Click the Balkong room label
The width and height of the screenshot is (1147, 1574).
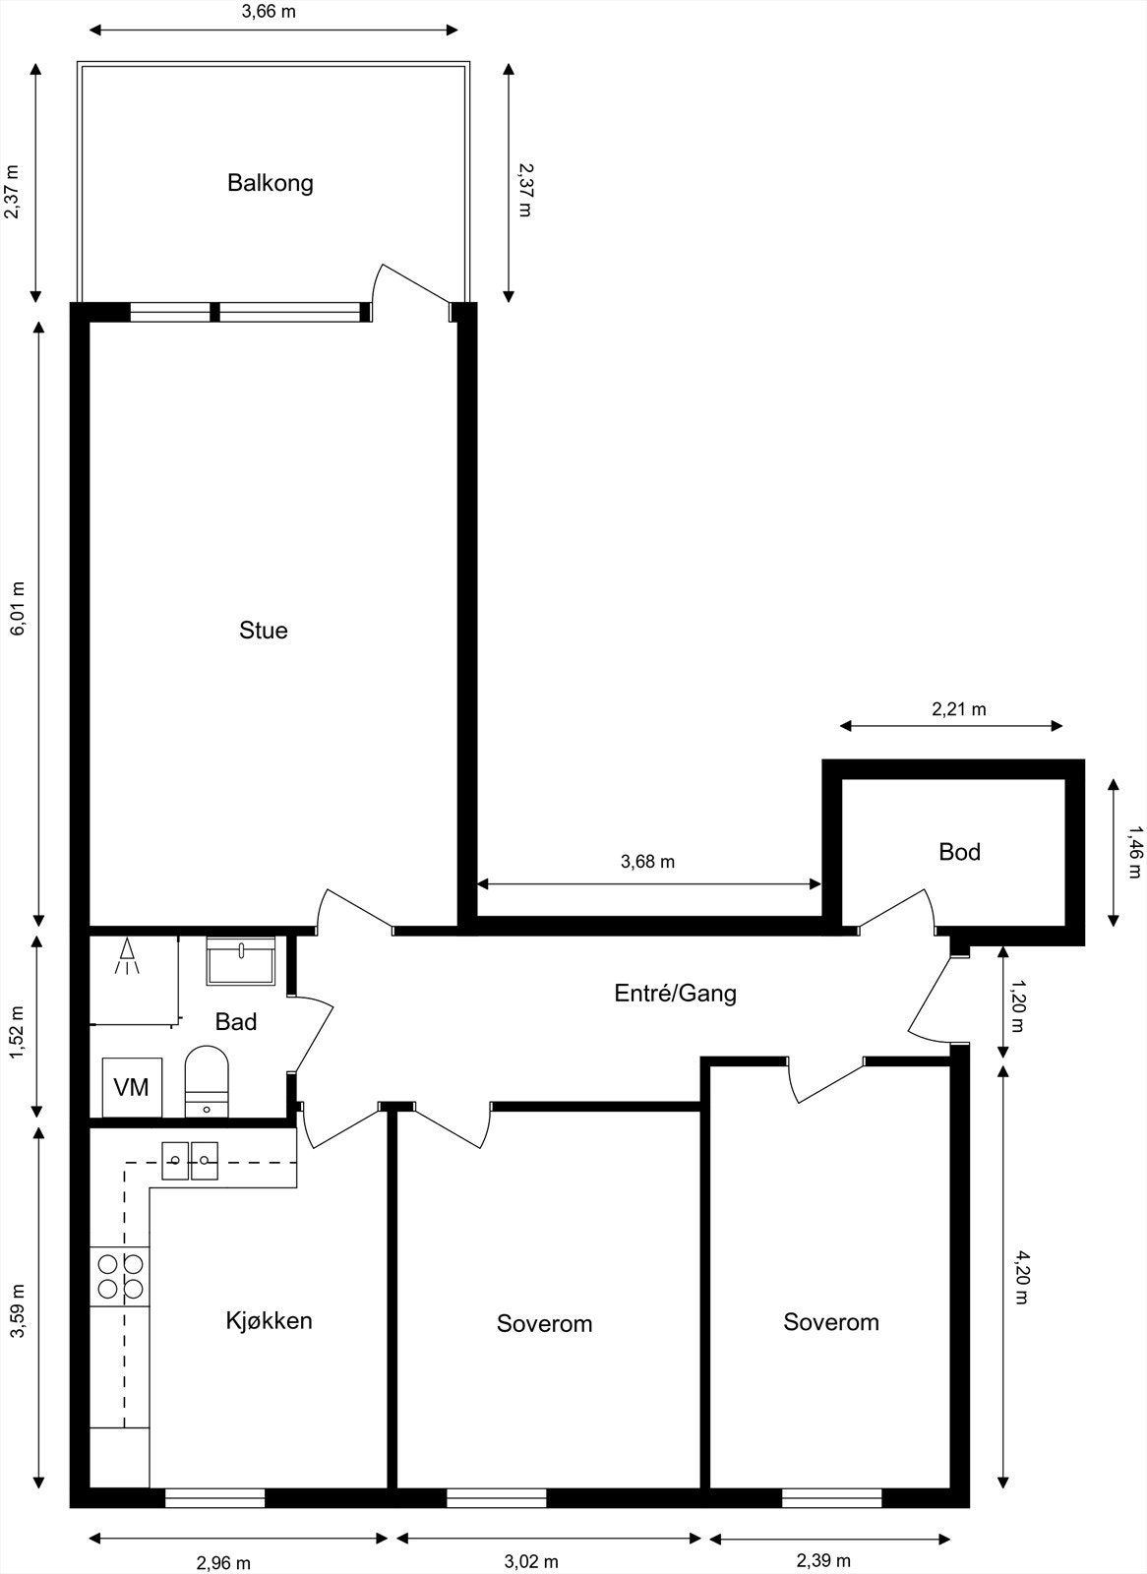click(270, 183)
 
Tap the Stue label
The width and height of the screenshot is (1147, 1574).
click(264, 631)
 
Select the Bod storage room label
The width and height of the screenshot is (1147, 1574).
click(959, 852)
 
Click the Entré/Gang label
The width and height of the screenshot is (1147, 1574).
click(675, 994)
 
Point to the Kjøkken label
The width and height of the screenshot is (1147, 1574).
click(269, 1320)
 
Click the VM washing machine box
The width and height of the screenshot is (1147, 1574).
click(132, 1087)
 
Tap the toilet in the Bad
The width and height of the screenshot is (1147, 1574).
click(207, 1080)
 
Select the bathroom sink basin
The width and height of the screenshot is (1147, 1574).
click(241, 961)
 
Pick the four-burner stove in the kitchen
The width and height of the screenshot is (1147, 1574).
click(119, 1276)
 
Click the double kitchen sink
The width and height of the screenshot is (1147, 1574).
click(190, 1160)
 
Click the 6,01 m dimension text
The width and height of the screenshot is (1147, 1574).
click(17, 609)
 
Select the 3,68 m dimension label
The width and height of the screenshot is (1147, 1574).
click(647, 862)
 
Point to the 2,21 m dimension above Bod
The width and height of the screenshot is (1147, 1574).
click(958, 708)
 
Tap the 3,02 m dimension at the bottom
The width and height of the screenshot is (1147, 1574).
click(531, 1561)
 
